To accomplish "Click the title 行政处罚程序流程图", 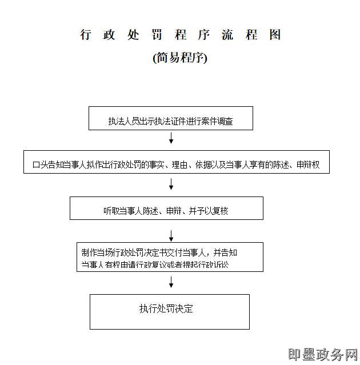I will pos(181,35).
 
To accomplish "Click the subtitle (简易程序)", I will pos(180,58).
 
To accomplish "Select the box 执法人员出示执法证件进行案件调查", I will pos(170,118).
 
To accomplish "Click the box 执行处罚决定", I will pos(169,311).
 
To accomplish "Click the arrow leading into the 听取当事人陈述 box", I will pos(171,184).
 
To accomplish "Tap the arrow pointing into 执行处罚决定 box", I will pos(171,282).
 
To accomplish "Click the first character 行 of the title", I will pos(86,35).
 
